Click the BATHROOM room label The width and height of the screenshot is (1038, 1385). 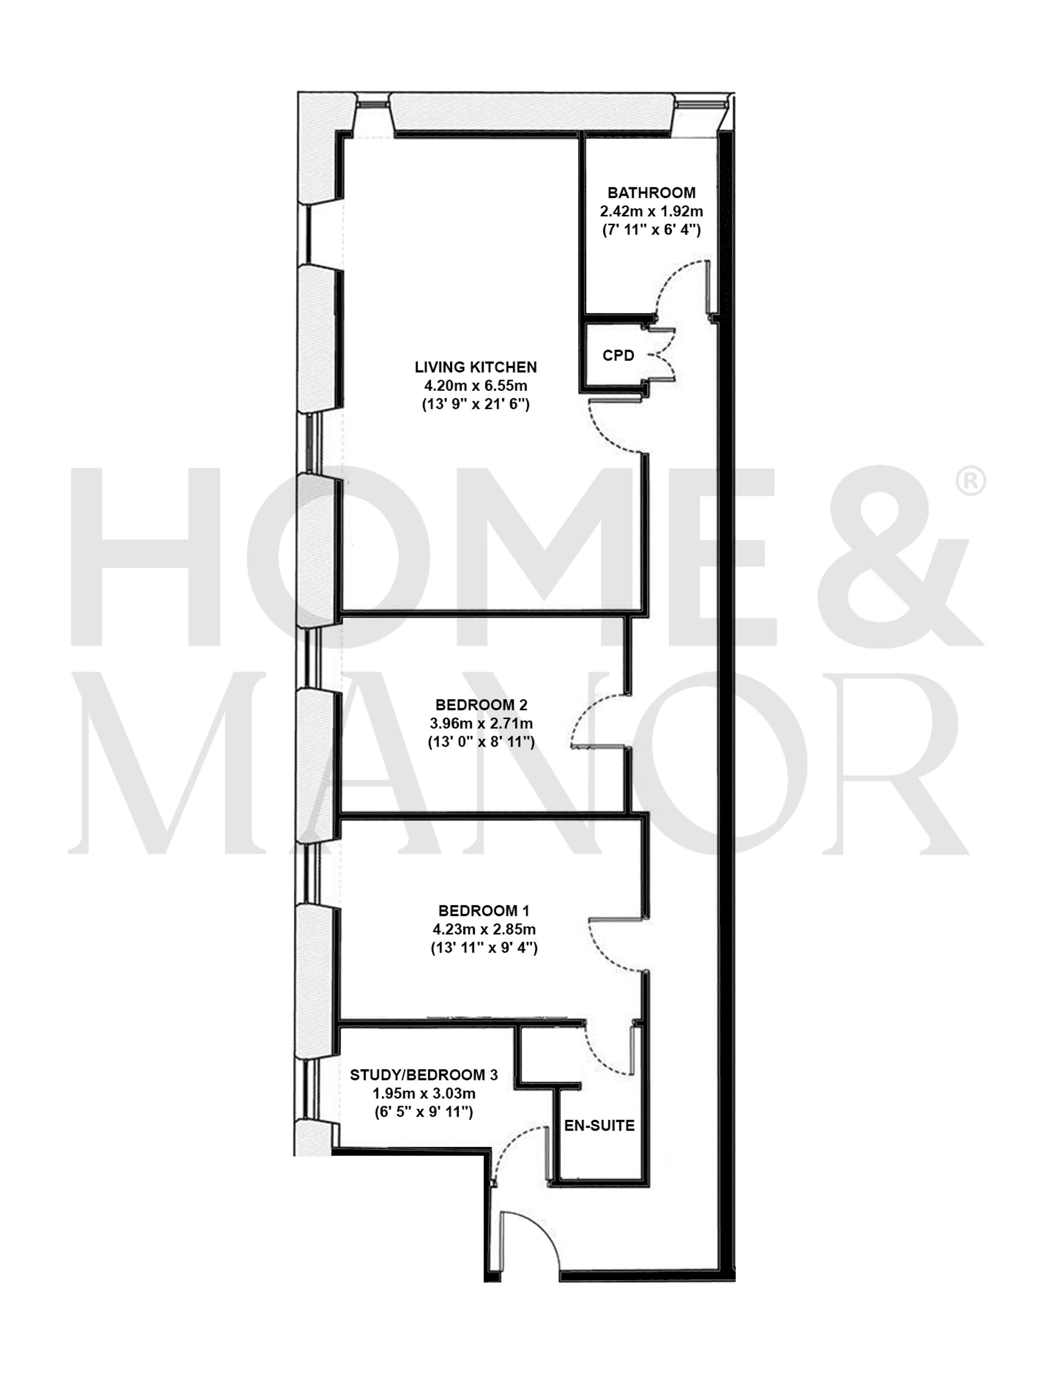coord(651,193)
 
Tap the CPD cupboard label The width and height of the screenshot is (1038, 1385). coord(618,356)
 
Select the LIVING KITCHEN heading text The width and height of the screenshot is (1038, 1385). coord(475,367)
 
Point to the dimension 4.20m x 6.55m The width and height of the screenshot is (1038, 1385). coord(475,386)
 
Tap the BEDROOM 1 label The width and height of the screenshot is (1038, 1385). coord(483,911)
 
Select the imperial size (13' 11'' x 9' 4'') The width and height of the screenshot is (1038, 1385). coord(483,948)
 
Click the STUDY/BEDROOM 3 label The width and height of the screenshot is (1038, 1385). coord(424,1075)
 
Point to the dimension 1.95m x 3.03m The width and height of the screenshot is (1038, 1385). coord(424,1094)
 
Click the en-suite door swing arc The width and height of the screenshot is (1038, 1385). coord(604,1055)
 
